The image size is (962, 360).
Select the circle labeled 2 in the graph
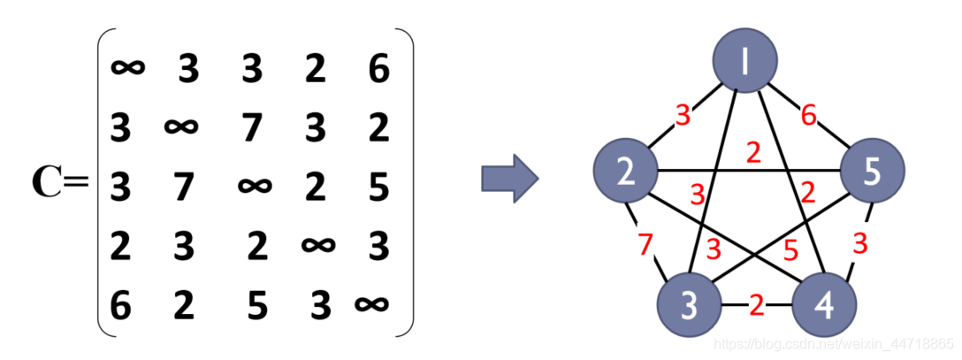626,171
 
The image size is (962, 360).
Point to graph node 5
872,171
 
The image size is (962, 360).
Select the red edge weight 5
790,251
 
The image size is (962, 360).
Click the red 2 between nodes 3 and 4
756,306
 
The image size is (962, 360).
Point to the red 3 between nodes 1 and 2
683,114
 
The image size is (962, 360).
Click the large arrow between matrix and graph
510,177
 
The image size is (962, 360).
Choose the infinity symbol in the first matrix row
129,67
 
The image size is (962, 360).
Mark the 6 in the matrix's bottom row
120,305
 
